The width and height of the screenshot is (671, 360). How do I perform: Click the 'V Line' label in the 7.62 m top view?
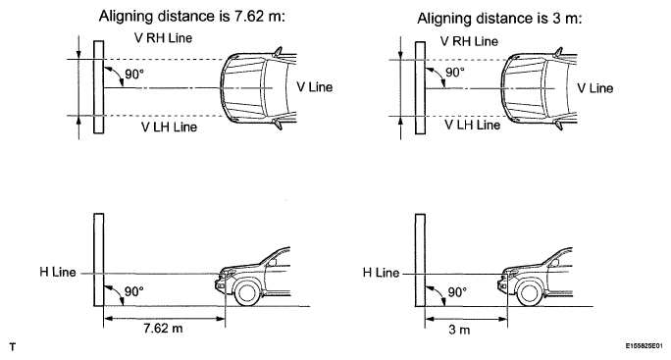(315, 85)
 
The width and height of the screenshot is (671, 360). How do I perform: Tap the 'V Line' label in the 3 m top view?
(594, 87)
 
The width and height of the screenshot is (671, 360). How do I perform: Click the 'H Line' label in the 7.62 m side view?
(59, 272)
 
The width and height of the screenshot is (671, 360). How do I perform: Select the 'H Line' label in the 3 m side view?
(381, 272)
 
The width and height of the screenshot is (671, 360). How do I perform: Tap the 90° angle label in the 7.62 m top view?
(132, 73)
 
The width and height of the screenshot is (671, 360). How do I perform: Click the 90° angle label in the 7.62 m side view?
(132, 291)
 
